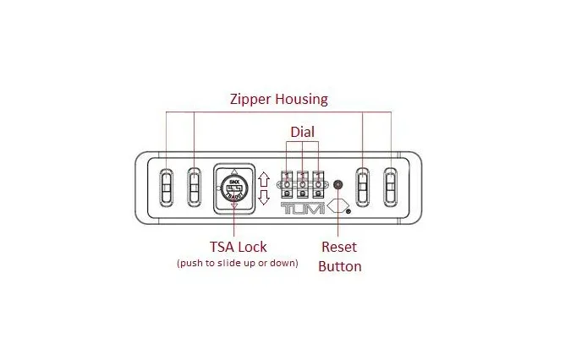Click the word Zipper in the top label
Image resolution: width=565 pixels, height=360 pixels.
click(x=251, y=99)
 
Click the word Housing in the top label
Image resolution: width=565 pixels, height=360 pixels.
click(x=302, y=99)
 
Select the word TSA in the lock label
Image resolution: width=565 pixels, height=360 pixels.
click(x=224, y=247)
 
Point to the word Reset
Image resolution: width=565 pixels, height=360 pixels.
click(x=340, y=247)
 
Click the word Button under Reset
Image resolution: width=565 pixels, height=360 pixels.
click(x=340, y=266)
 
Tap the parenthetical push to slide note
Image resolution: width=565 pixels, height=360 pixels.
click(x=237, y=263)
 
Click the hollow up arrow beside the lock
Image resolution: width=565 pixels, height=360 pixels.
click(x=264, y=179)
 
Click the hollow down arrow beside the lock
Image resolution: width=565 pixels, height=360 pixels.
click(x=264, y=196)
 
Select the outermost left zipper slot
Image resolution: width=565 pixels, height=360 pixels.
click(x=166, y=186)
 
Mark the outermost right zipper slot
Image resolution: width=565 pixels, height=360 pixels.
click(x=391, y=186)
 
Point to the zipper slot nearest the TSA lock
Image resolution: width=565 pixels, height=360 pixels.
click(x=195, y=186)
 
